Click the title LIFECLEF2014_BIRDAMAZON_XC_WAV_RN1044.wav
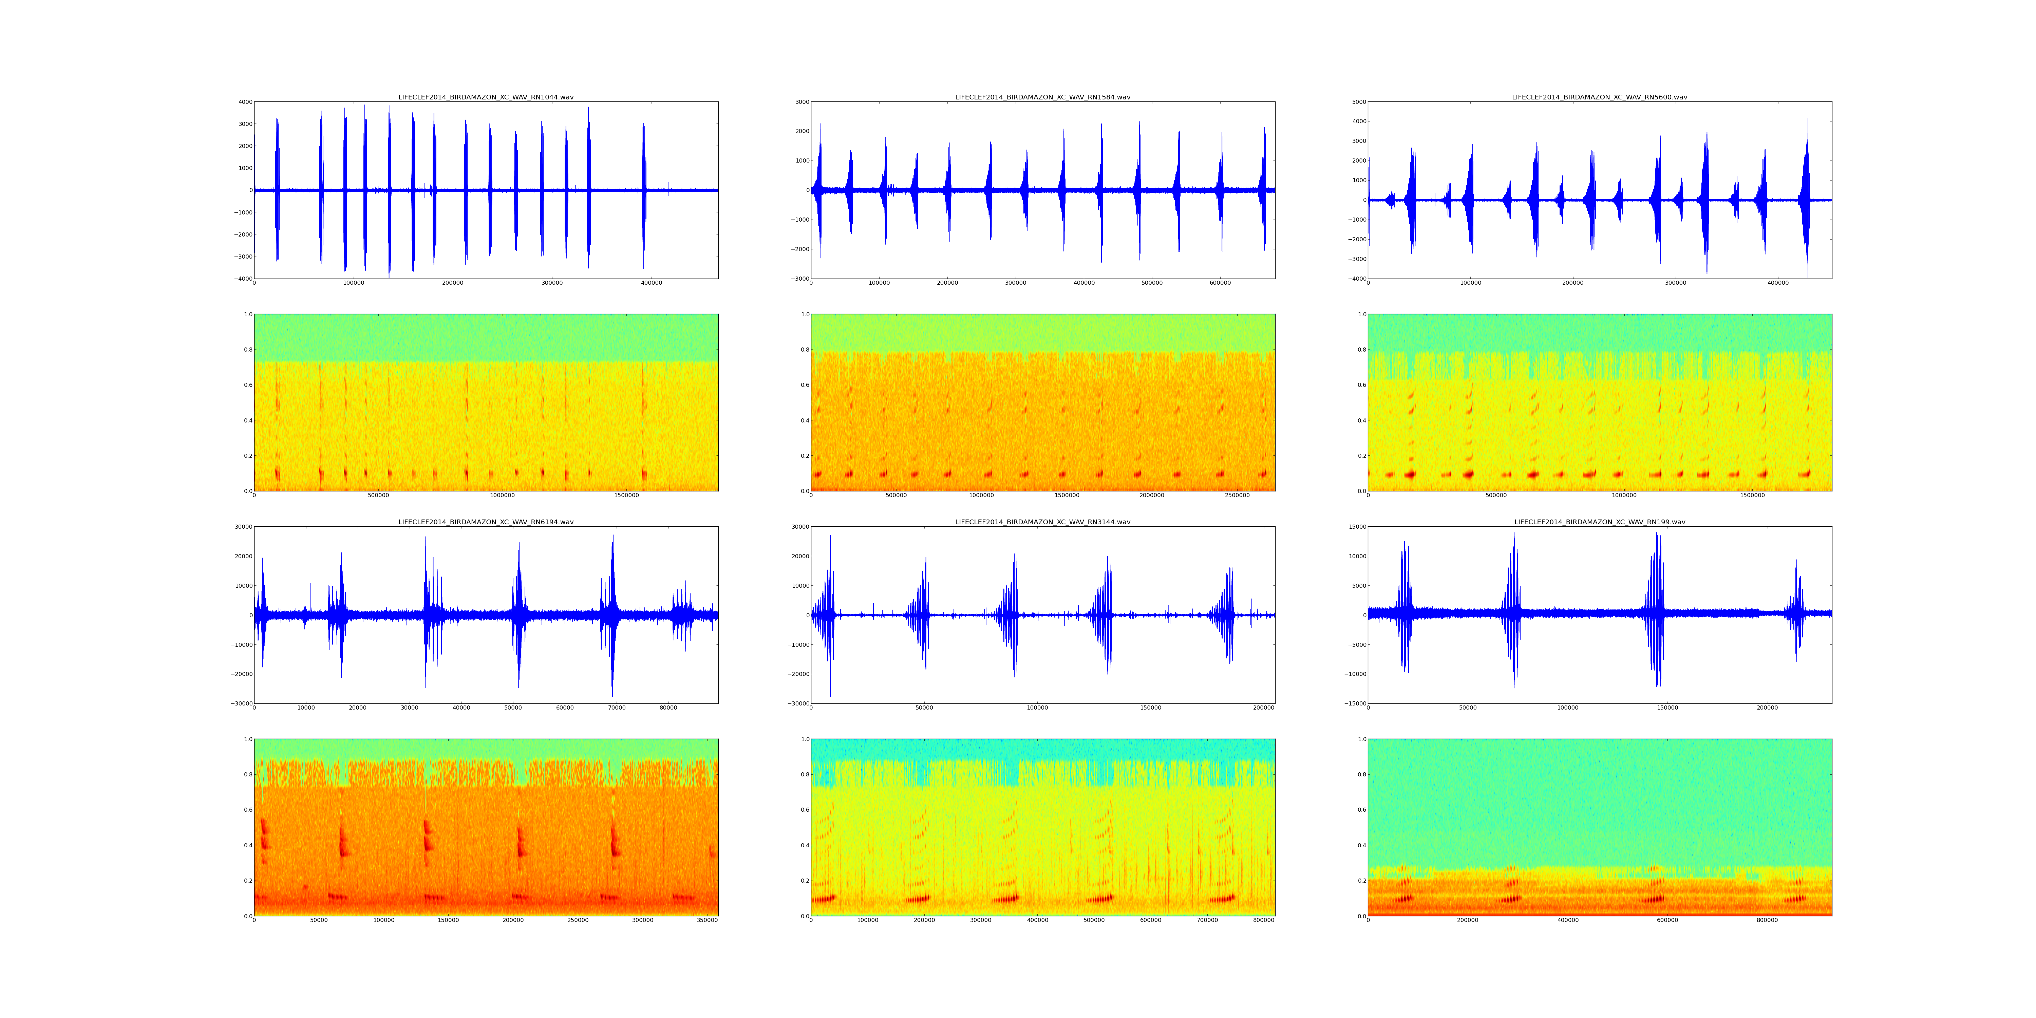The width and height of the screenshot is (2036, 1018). (485, 97)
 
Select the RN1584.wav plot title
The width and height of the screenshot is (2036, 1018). (1042, 97)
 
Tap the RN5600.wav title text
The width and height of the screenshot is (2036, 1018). (1599, 97)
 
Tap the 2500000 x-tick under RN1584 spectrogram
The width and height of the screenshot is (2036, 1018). (1237, 495)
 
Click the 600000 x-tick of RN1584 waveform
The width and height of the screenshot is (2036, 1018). (1220, 283)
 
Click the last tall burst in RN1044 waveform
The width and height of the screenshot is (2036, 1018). (644, 190)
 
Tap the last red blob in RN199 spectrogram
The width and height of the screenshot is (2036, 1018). (1795, 899)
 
